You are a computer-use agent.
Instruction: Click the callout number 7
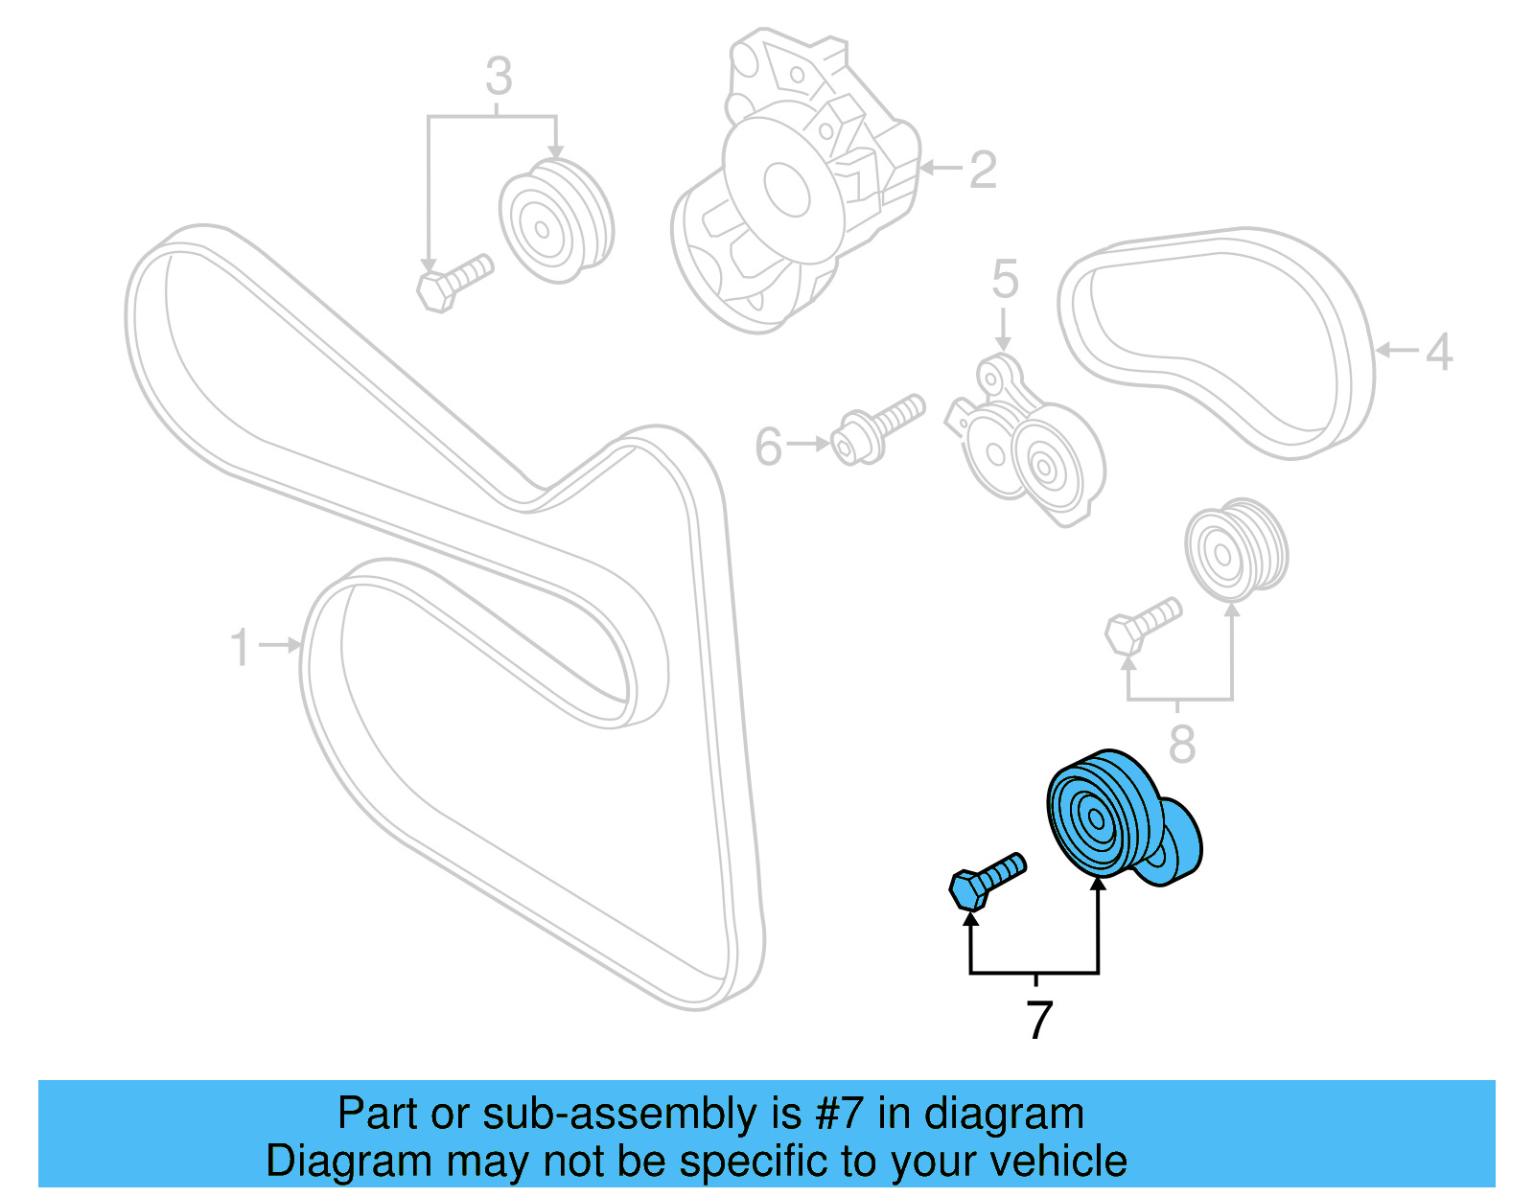[1039, 1020]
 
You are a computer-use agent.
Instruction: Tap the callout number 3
[498, 77]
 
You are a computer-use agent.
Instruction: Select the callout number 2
[982, 171]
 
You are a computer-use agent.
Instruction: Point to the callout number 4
[1438, 352]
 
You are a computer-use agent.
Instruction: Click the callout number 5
[1004, 279]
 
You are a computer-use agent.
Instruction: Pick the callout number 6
[768, 447]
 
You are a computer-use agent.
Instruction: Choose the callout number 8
[1181, 744]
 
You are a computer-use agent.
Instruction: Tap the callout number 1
[240, 647]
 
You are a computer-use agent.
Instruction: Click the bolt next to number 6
[877, 430]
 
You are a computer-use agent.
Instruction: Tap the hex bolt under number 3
[454, 282]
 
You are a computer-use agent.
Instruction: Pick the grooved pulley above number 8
[1235, 549]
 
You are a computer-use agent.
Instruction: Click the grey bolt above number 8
[1142, 623]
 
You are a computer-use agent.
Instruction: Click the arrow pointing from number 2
[941, 170]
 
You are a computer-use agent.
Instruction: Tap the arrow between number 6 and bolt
[809, 444]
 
